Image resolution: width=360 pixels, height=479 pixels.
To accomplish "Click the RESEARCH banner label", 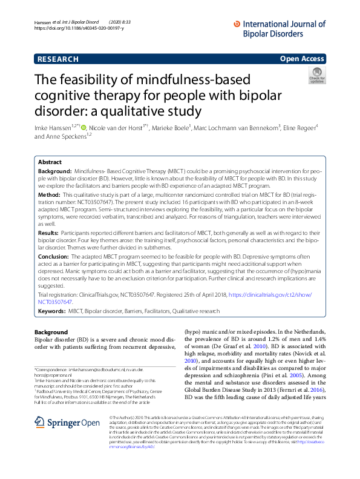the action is click(x=58, y=59).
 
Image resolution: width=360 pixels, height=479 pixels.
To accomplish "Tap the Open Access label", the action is click(x=301, y=59).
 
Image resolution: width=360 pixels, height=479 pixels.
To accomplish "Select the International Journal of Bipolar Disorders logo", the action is click(x=279, y=27).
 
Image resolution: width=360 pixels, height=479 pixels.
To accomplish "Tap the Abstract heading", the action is click(x=50, y=163).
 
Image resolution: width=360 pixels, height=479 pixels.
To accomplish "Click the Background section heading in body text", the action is click(x=51, y=332).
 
